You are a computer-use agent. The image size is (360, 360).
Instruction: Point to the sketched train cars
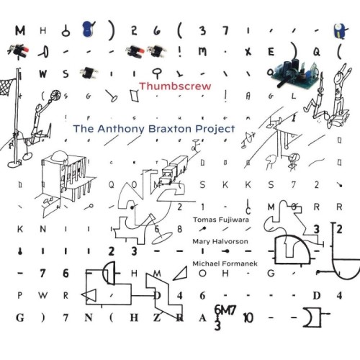(172, 169)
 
